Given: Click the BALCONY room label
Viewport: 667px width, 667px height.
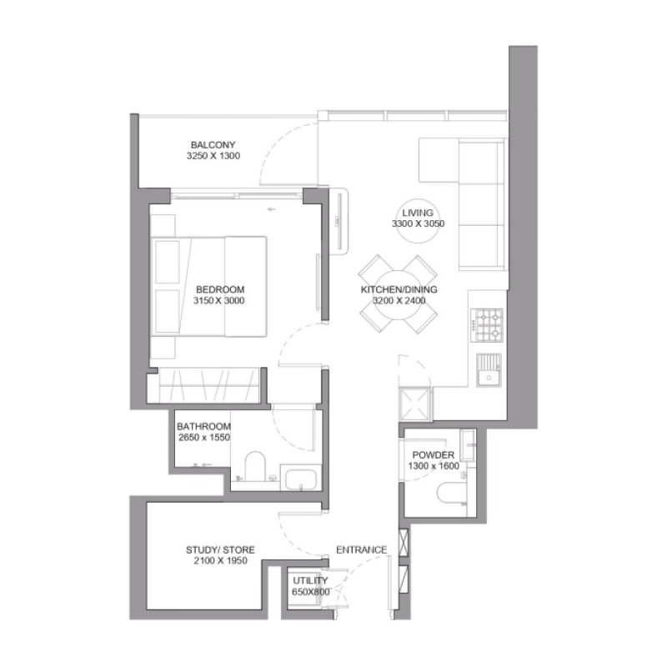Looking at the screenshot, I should [x=208, y=143].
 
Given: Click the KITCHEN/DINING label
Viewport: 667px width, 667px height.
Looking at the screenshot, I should [x=399, y=290].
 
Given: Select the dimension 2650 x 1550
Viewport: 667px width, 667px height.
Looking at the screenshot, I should [x=203, y=436].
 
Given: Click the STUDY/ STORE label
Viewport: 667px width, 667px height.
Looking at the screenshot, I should [x=220, y=550].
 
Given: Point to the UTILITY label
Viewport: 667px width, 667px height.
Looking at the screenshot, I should [x=310, y=580].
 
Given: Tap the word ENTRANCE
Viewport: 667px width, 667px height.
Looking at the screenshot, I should [x=361, y=550].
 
